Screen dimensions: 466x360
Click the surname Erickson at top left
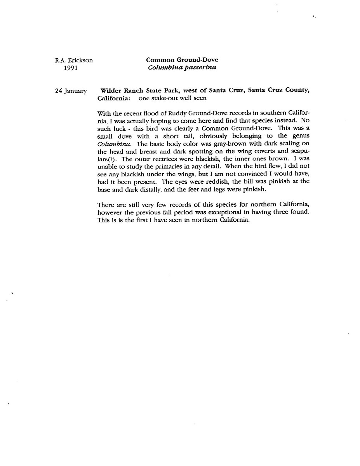click(80, 60)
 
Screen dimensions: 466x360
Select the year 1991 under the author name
click(71, 68)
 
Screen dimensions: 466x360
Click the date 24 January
click(71, 91)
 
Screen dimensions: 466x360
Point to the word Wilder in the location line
click(111, 90)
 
